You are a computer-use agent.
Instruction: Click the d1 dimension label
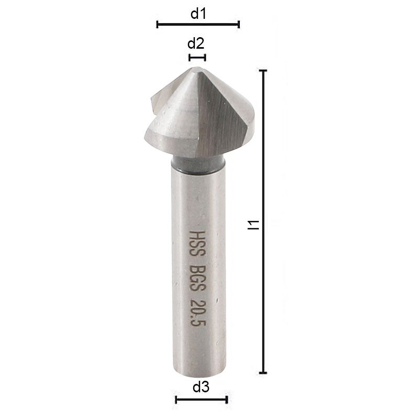coord(198,14)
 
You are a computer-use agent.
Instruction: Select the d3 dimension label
coord(201,388)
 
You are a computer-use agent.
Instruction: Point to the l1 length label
coord(253,224)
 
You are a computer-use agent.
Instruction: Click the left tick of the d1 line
coord(157,24)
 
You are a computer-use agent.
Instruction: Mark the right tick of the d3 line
coord(227,400)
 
